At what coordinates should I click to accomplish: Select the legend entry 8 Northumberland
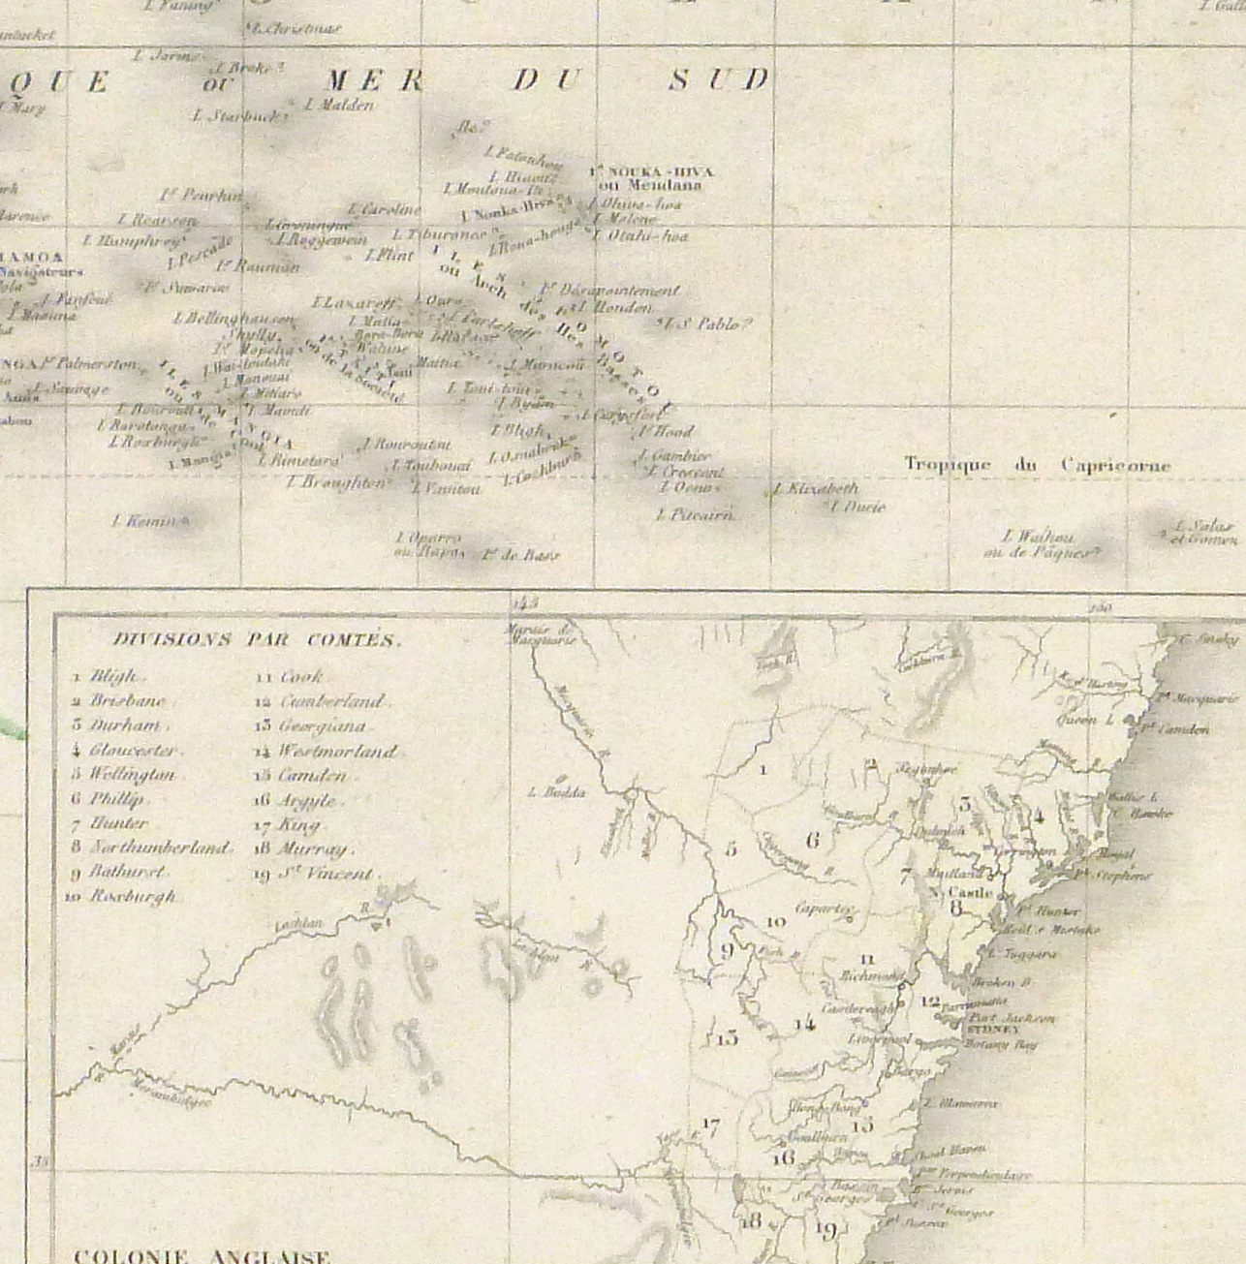[152, 848]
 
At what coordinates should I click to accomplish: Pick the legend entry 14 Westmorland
[327, 751]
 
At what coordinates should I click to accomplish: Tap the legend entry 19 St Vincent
[316, 874]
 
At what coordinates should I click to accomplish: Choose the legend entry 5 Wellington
[124, 775]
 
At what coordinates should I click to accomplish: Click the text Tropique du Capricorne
[1037, 466]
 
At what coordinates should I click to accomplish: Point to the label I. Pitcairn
[695, 515]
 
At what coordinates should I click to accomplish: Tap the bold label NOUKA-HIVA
[651, 171]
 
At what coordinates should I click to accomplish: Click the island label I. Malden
[338, 105]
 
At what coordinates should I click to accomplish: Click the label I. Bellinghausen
[234, 319]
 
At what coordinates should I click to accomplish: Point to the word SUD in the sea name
[719, 79]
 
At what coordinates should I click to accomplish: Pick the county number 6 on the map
[812, 841]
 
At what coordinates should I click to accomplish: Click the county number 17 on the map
[710, 1126]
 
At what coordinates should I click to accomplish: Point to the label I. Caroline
[386, 209]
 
